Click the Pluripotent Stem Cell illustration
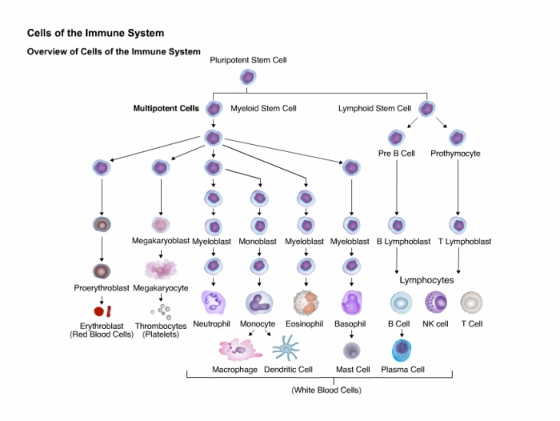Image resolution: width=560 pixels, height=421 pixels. [247, 77]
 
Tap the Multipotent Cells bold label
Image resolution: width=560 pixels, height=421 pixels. [166, 108]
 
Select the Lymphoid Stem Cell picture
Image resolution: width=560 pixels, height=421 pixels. [426, 109]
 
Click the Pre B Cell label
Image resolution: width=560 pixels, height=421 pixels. [397, 154]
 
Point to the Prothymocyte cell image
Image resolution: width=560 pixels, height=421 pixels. [457, 138]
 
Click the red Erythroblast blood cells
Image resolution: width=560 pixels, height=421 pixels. [103, 311]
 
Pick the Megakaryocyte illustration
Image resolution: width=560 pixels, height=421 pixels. [161, 270]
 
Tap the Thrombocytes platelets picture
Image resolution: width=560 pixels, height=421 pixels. [162, 312]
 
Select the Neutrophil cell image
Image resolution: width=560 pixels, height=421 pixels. [214, 303]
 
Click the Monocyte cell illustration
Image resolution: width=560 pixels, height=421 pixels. [259, 303]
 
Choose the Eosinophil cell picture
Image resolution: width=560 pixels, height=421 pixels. [306, 303]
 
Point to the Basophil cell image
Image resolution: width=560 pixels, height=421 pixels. [351, 303]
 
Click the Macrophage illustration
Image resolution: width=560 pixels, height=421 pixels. [240, 350]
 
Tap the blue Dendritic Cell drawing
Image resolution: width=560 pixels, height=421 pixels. [286, 347]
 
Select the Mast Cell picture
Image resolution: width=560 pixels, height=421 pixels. [352, 351]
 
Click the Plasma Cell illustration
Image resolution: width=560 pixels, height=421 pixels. [402, 351]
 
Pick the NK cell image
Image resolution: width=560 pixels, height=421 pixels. [436, 302]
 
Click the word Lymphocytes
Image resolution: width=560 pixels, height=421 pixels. [426, 280]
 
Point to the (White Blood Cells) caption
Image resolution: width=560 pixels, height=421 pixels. [326, 390]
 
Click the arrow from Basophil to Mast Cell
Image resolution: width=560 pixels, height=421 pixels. [351, 334]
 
